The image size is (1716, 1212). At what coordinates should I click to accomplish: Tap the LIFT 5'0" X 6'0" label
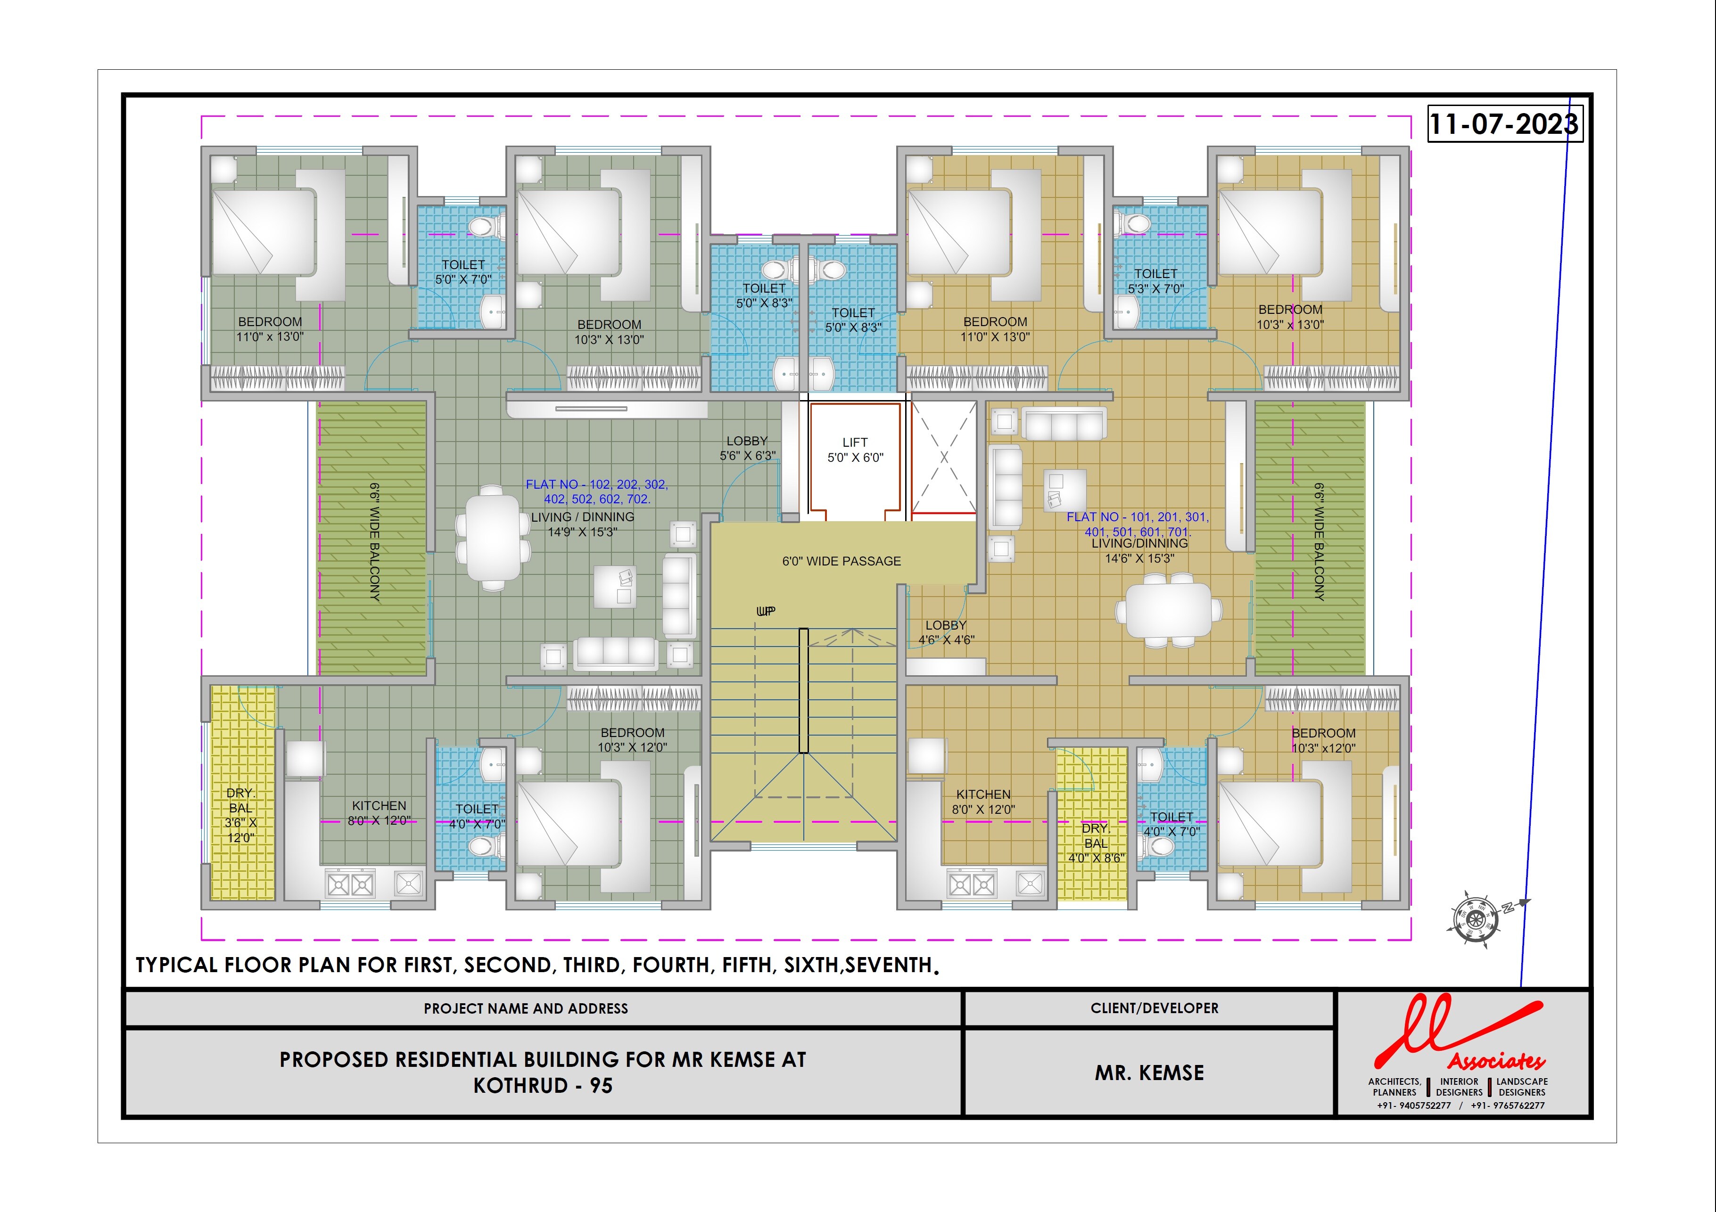pyautogui.click(x=855, y=450)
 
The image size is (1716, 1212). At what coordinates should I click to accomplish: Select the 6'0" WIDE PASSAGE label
pyautogui.click(x=841, y=561)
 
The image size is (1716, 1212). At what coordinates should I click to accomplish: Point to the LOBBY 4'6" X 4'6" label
pyautogui.click(x=946, y=632)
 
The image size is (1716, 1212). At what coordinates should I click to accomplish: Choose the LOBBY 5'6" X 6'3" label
pyautogui.click(x=747, y=448)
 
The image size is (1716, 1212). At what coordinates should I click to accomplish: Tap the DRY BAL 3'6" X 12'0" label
pyautogui.click(x=240, y=815)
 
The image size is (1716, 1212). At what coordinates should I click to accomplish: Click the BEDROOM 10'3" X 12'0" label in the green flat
pyautogui.click(x=632, y=740)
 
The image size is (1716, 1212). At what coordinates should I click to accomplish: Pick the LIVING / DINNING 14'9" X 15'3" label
pyautogui.click(x=583, y=524)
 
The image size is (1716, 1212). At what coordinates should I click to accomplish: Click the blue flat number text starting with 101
pyautogui.click(x=1138, y=524)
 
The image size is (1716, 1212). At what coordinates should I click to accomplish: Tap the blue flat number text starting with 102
pyautogui.click(x=597, y=491)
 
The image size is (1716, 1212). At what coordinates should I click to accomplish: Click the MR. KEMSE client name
pyautogui.click(x=1149, y=1073)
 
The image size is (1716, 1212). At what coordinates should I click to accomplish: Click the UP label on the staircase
pyautogui.click(x=766, y=611)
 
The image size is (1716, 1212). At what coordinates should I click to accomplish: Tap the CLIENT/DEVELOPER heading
pyautogui.click(x=1155, y=1008)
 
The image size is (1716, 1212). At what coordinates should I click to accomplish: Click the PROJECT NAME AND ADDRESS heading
pyautogui.click(x=526, y=1009)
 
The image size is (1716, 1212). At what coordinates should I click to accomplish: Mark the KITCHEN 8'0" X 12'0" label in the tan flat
pyautogui.click(x=983, y=802)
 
